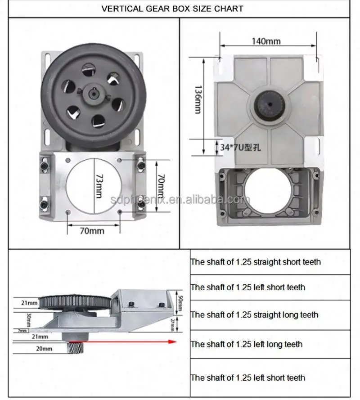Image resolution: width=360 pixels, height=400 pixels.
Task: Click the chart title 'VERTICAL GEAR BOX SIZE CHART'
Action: (x=172, y=9)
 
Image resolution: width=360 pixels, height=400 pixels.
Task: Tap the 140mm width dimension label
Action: (x=266, y=41)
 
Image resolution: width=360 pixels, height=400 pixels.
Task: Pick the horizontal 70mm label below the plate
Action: (x=92, y=231)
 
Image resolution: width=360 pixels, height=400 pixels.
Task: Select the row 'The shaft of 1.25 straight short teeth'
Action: (x=256, y=262)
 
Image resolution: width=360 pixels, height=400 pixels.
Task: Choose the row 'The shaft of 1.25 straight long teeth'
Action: (x=254, y=315)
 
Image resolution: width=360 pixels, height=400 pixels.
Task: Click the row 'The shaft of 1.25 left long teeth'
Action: (x=247, y=344)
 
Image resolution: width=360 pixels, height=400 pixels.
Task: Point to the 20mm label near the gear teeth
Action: (x=44, y=348)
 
